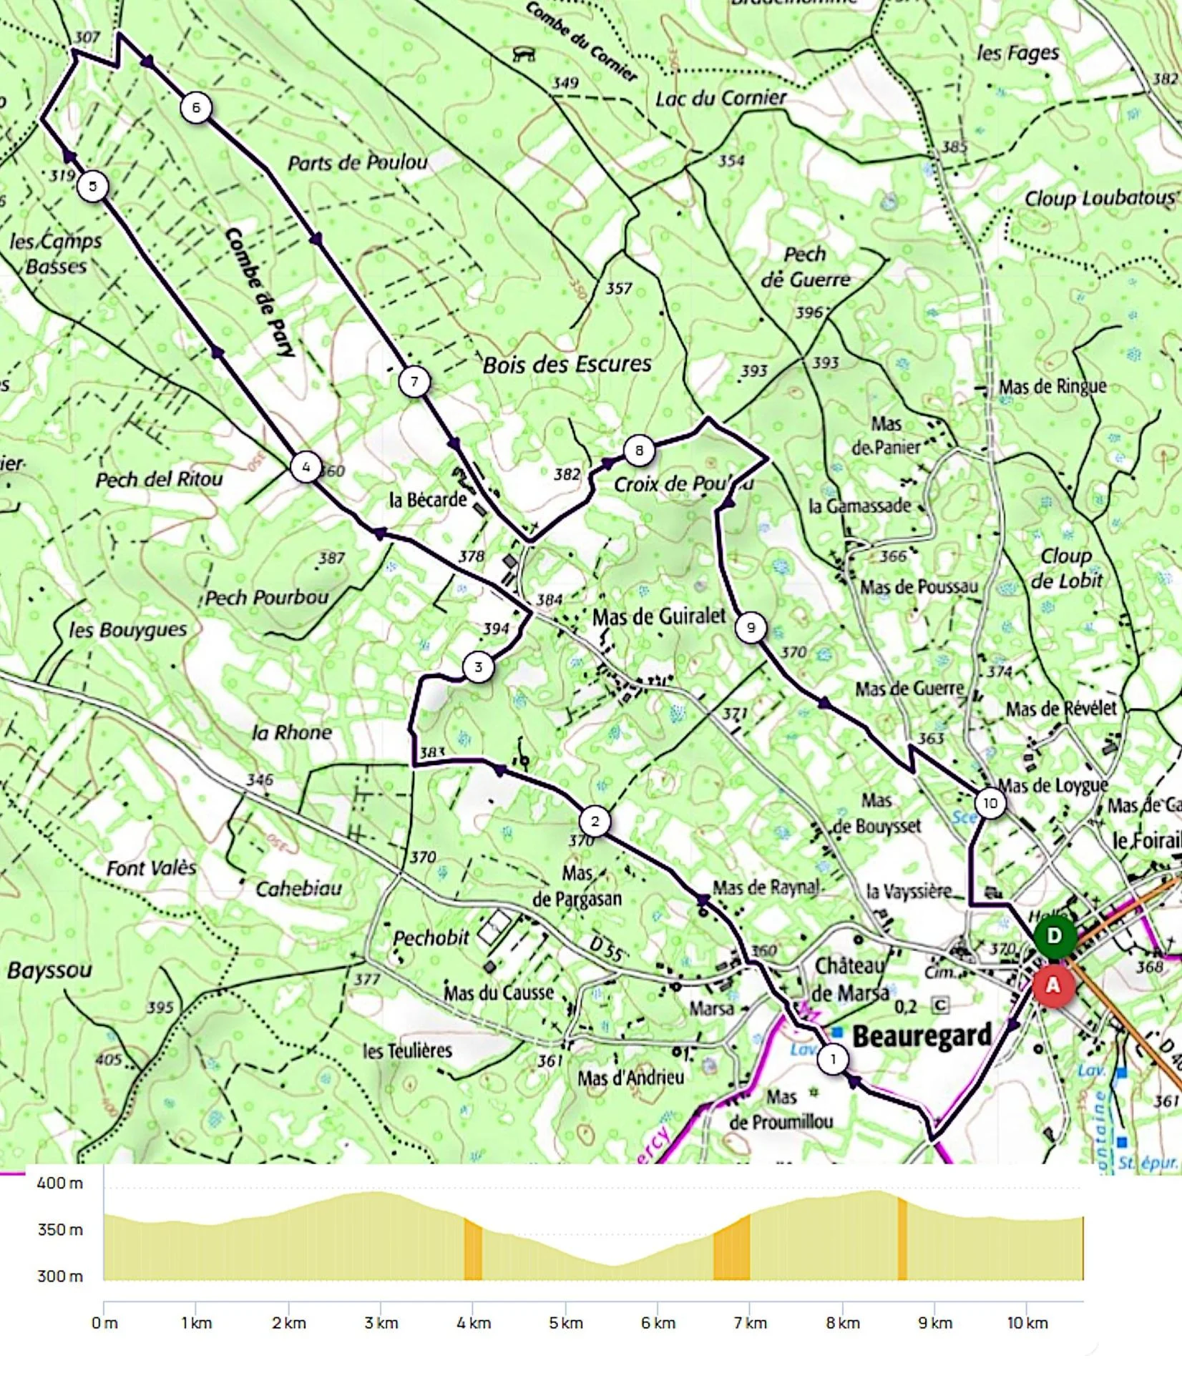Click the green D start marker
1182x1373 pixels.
1054,936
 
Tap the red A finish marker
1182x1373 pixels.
1052,985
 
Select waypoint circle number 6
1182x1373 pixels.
196,107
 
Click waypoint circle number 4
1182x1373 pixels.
306,468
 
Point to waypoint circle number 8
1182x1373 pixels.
639,451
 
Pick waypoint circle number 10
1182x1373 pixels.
990,803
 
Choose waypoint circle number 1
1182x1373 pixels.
833,1058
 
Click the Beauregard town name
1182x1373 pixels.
922,1035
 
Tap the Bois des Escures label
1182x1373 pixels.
567,365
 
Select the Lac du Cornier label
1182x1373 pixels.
721,98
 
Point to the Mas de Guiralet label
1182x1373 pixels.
659,616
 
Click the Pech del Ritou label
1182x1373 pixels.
159,479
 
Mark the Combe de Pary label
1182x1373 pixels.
259,292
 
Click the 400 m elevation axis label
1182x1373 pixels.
60,1183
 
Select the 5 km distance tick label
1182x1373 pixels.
565,1323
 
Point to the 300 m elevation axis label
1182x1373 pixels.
60,1276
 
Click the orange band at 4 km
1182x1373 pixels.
473,1249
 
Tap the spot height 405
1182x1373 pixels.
108,1058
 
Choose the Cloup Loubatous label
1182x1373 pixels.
1100,198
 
